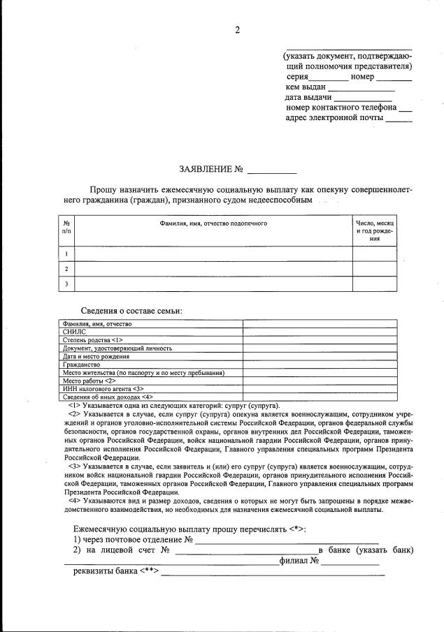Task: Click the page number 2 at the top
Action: (x=237, y=29)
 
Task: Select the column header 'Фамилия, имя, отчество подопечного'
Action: (x=213, y=223)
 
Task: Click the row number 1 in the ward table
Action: (x=66, y=253)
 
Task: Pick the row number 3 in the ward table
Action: (x=66, y=284)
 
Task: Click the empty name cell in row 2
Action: (x=213, y=268)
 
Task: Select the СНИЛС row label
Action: (x=73, y=332)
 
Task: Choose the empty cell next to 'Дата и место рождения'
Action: (x=320, y=356)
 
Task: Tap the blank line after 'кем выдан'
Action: (x=361, y=89)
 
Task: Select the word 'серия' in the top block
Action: (x=297, y=77)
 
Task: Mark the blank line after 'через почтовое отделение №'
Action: (x=287, y=540)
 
